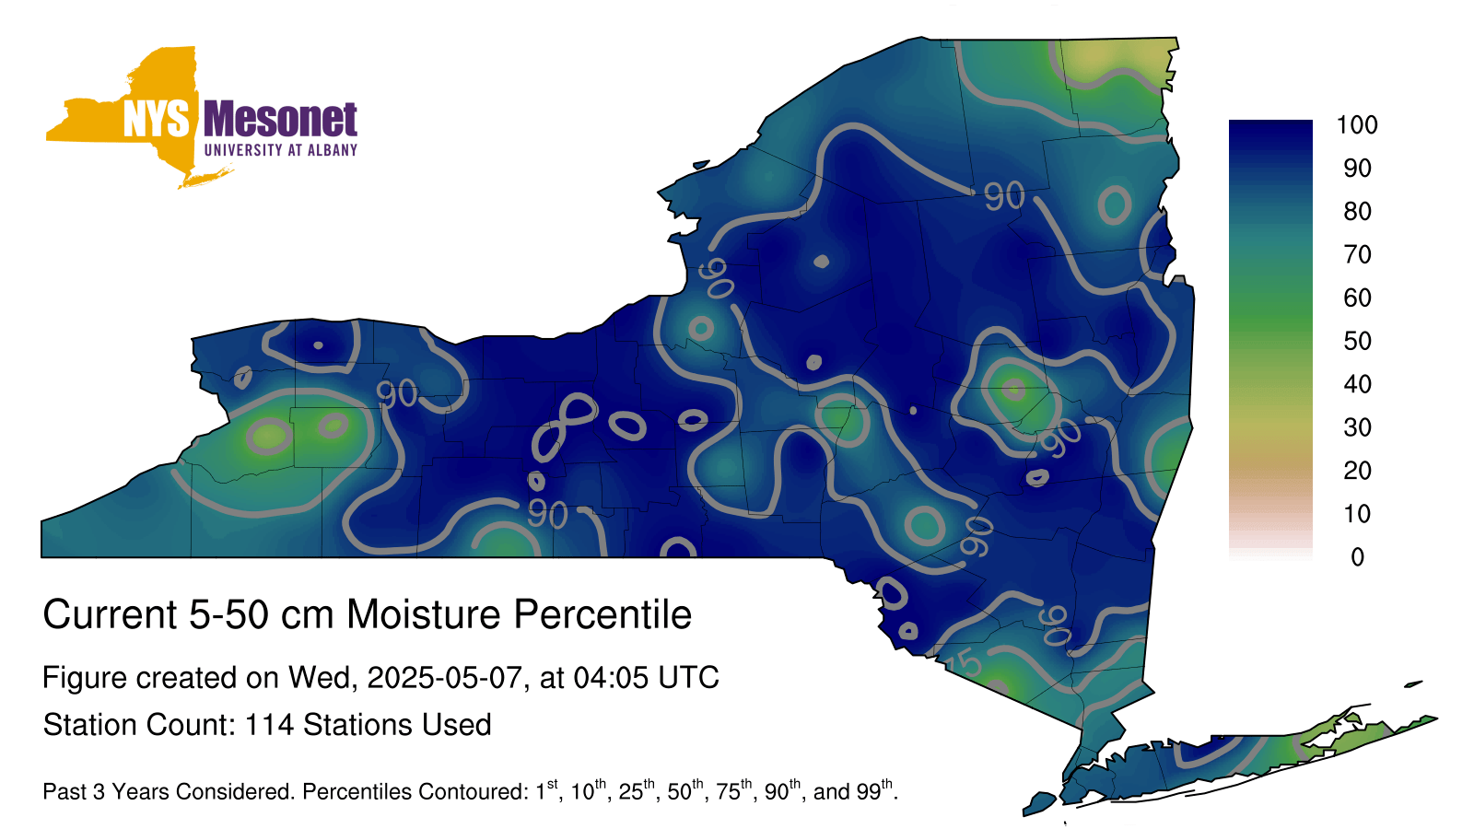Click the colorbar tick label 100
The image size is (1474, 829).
pos(1356,125)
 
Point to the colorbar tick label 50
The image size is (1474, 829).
pos(1357,341)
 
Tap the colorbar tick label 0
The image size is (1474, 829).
pos(1357,557)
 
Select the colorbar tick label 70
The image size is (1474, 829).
pos(1357,254)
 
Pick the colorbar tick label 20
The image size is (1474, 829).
pos(1357,471)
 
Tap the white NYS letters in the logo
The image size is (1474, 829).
pos(156,119)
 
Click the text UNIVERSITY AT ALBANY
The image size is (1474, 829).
pos(281,150)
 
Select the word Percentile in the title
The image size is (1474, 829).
pos(602,614)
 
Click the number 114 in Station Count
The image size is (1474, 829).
pos(269,725)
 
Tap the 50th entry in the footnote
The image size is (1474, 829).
pos(687,789)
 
